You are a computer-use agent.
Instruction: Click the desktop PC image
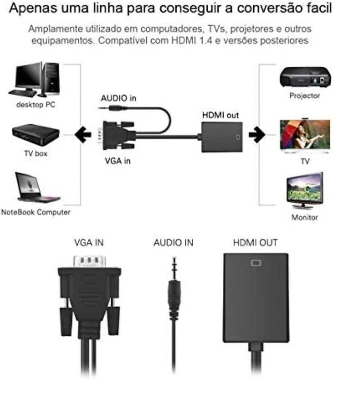(x=35, y=80)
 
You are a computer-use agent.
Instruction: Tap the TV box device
(x=36, y=134)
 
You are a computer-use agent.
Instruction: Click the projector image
(x=305, y=77)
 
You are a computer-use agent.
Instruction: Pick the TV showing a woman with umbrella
(x=305, y=136)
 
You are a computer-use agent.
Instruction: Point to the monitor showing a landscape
(x=305, y=190)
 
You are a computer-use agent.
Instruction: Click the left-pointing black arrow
(x=83, y=134)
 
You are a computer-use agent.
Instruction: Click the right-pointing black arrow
(x=256, y=134)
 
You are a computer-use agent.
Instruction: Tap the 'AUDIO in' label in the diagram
(x=118, y=98)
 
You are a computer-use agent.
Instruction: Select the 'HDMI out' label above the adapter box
(x=220, y=115)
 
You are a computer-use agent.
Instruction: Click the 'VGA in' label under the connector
(x=117, y=161)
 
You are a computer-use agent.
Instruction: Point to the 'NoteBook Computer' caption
(x=36, y=212)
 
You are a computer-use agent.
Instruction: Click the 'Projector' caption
(x=305, y=95)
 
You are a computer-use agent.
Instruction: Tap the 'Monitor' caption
(x=305, y=217)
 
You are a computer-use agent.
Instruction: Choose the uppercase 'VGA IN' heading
(x=89, y=243)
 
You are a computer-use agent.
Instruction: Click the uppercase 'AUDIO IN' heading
(x=173, y=243)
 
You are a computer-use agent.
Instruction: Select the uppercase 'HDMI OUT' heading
(x=256, y=243)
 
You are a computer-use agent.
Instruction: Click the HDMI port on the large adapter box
(x=256, y=263)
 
